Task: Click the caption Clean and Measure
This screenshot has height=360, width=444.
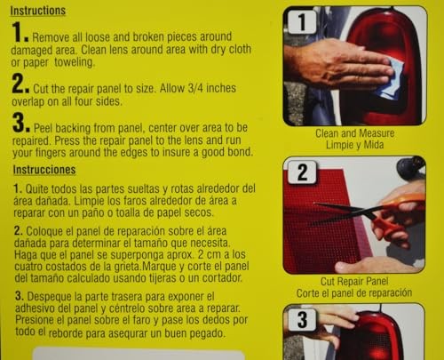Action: (x=363, y=132)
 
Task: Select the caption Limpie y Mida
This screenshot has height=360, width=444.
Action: (x=363, y=144)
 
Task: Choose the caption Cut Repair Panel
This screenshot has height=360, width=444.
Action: (x=363, y=284)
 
